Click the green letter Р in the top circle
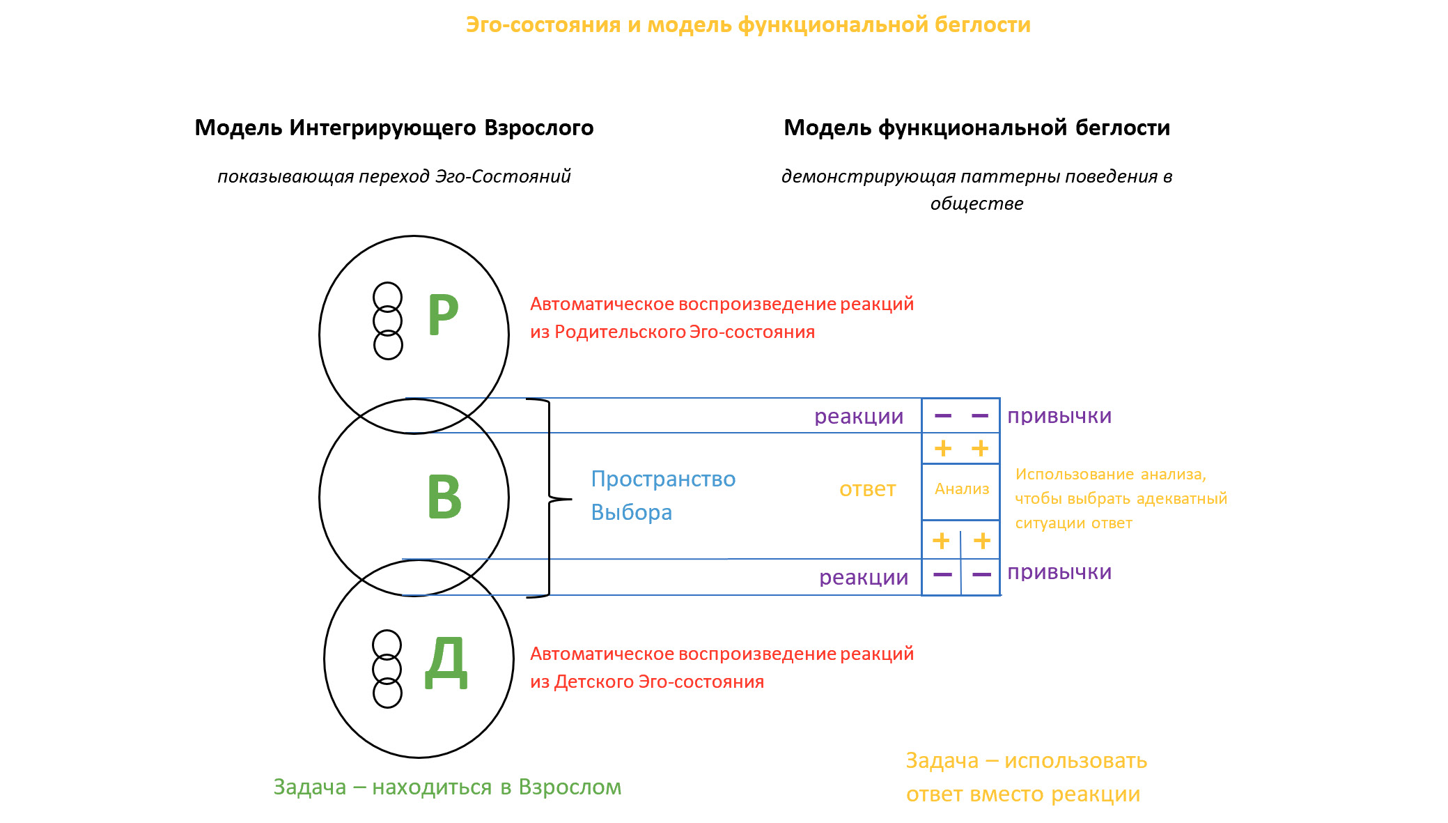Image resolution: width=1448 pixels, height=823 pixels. point(443,314)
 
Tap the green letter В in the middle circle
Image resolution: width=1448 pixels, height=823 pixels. point(444,496)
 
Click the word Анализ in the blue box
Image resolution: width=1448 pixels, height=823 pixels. point(961,489)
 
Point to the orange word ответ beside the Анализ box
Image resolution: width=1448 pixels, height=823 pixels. point(867,489)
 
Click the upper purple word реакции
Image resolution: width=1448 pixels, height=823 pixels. point(859,417)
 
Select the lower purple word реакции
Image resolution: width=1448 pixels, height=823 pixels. point(864,578)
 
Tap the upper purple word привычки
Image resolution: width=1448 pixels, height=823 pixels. point(1059,416)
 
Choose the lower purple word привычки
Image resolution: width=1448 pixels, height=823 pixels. point(1059,572)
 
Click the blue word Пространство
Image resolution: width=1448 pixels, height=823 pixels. point(663,479)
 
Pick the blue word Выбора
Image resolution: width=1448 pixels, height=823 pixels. point(631,513)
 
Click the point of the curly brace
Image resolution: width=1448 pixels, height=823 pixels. point(570,499)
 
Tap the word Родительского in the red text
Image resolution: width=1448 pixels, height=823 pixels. point(620,332)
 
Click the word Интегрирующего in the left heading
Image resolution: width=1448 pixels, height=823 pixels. point(382,128)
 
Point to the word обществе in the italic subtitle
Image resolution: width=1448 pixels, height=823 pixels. point(976,204)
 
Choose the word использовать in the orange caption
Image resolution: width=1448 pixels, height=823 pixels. point(1075,761)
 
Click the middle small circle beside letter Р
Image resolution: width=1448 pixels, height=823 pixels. point(388,321)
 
